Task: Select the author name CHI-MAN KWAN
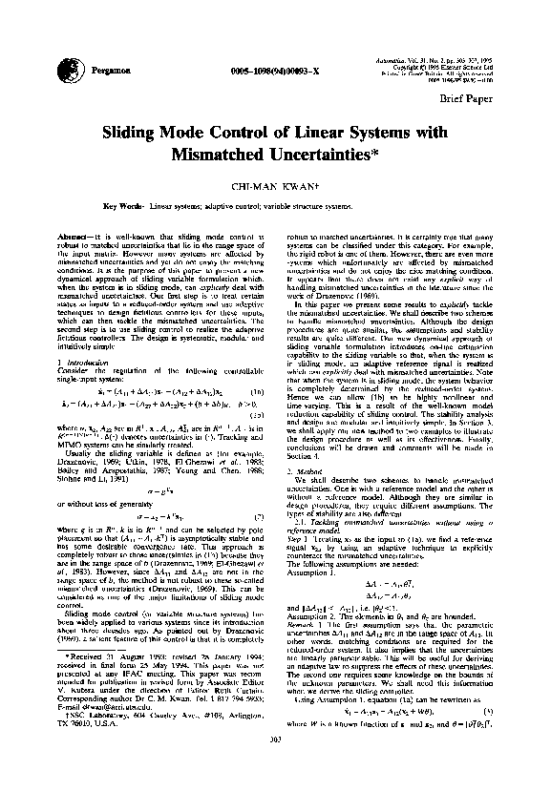(x=275, y=186)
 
